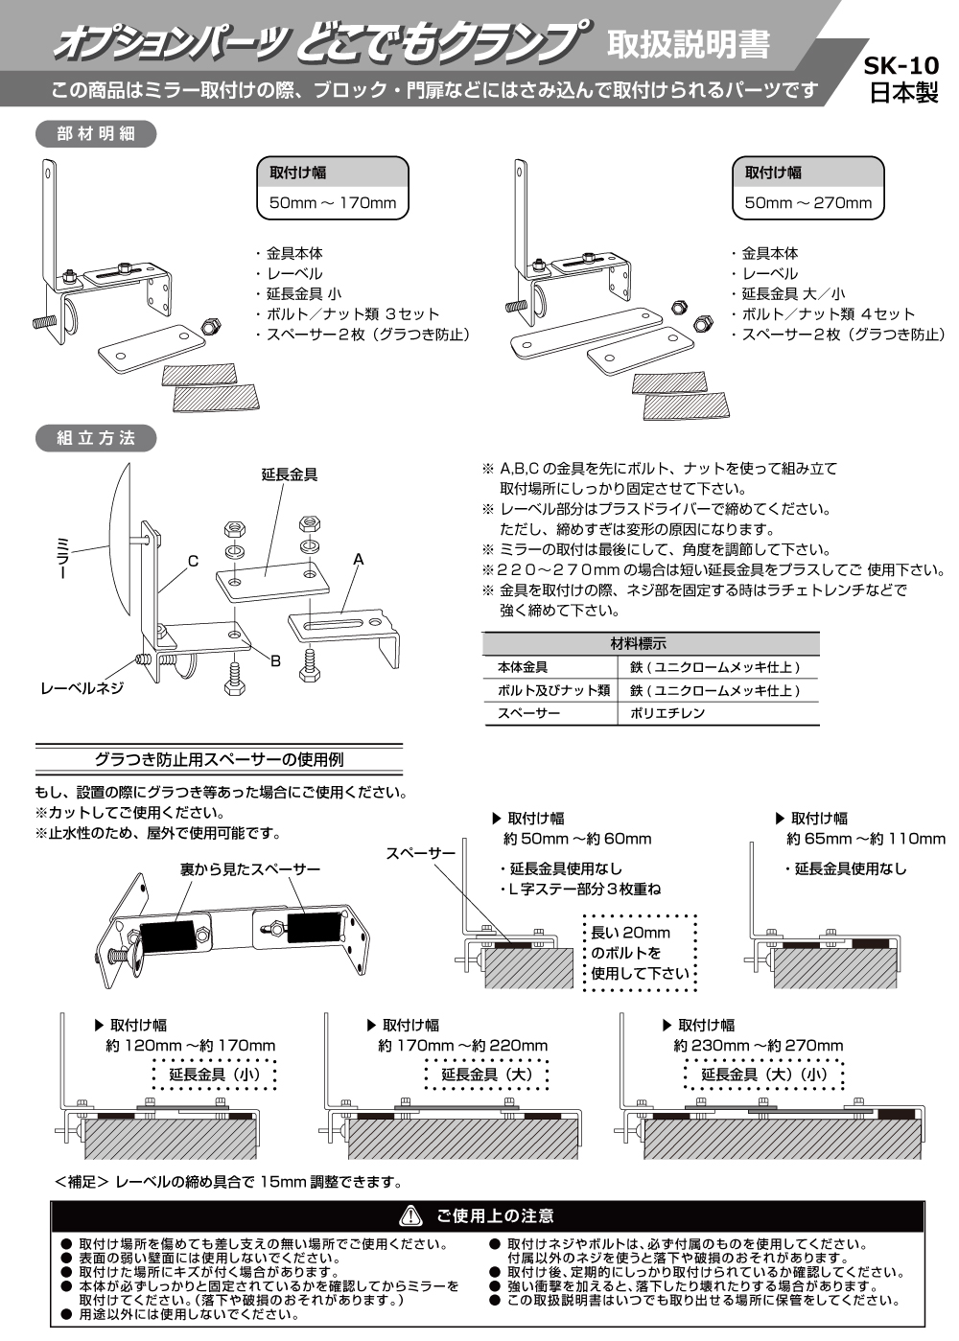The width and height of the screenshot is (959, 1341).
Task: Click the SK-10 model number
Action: [901, 68]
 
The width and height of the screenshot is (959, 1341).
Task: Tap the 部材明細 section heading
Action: [96, 134]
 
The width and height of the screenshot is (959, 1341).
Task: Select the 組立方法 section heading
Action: [96, 438]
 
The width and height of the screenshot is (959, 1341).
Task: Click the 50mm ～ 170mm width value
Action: [333, 203]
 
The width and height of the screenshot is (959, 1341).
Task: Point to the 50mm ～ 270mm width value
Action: [808, 203]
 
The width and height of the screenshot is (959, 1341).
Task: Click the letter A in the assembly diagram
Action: [358, 558]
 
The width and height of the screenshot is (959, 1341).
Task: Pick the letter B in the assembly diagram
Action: [275, 660]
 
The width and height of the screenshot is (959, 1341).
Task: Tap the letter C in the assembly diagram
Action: [193, 562]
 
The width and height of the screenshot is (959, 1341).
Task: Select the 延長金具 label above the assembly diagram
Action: [290, 474]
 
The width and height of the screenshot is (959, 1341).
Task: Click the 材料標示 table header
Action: [651, 643]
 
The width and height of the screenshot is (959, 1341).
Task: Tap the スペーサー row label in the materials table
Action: [528, 713]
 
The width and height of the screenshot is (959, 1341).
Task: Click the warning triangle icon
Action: [410, 1215]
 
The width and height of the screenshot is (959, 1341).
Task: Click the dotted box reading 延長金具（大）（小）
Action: [763, 1075]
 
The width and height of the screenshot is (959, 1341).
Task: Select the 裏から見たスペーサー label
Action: [250, 869]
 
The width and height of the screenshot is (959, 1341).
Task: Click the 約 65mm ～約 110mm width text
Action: [865, 839]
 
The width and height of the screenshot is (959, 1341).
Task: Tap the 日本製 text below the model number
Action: [902, 93]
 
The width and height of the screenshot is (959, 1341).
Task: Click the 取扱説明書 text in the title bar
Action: [689, 43]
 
